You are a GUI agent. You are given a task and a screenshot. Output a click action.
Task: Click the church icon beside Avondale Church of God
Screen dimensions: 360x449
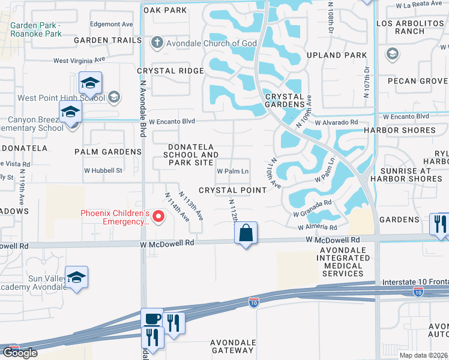tap(157, 43)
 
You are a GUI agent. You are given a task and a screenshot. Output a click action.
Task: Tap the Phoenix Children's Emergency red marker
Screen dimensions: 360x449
tap(158, 217)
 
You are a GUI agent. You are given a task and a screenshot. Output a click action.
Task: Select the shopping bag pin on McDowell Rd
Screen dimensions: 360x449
tap(246, 233)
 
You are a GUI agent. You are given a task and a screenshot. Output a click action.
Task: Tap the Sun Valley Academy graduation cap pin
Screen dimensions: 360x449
tap(76, 277)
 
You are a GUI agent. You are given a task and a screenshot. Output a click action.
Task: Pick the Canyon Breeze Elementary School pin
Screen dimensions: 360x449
tap(70, 112)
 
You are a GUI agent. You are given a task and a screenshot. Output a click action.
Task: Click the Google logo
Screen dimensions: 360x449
tap(20, 353)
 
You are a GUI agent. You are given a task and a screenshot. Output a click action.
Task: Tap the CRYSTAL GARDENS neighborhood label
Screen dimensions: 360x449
tap(285, 100)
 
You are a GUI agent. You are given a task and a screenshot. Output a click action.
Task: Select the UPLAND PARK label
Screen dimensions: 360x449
tap(345, 55)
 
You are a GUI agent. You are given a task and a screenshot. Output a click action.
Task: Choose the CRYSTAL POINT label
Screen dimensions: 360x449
tap(241, 190)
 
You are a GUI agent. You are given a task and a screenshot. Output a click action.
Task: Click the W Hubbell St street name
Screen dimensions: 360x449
tap(103, 170)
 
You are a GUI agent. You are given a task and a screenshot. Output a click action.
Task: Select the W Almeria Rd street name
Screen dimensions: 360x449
tap(318, 227)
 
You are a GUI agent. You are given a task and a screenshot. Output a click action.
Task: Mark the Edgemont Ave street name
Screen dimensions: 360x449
tap(111, 25)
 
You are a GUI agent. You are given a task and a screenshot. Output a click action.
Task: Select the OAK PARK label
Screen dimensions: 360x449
tap(164, 10)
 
